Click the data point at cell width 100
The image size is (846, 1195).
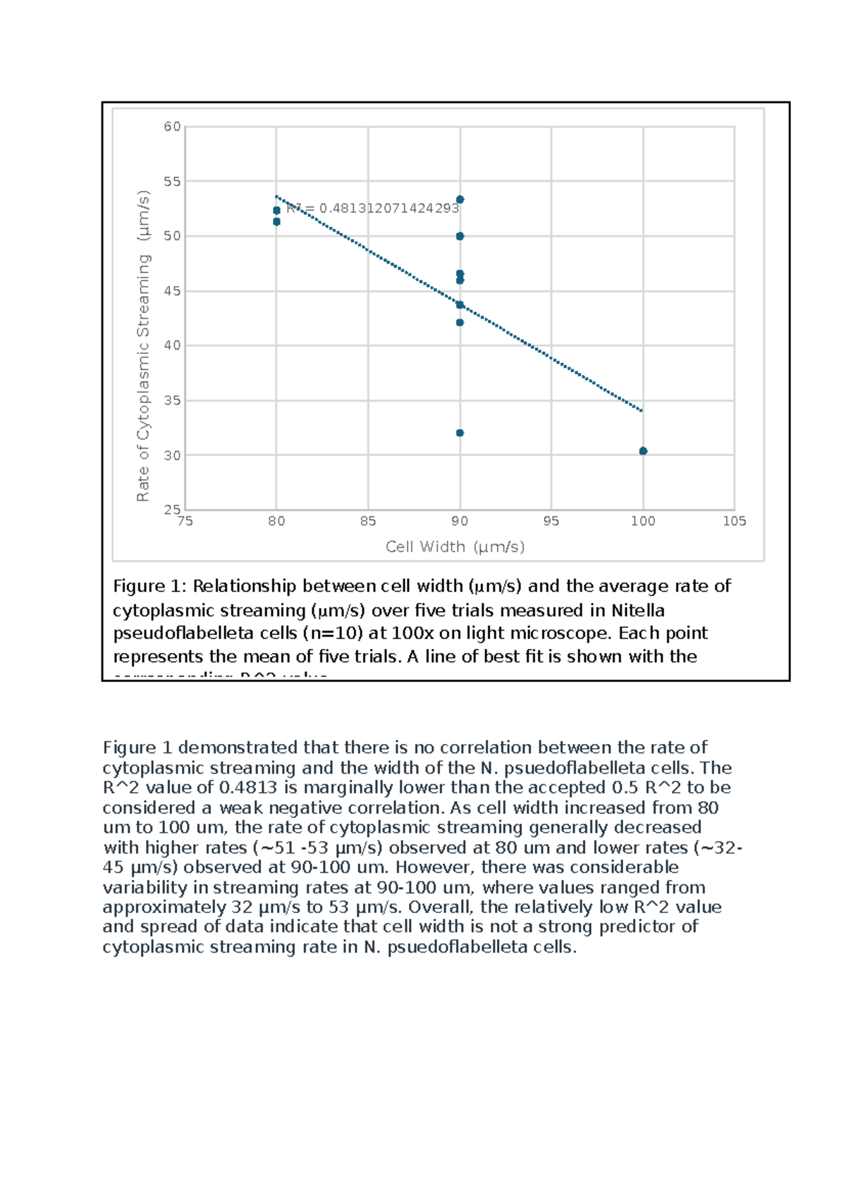click(x=643, y=451)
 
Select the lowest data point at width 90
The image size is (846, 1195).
click(x=460, y=433)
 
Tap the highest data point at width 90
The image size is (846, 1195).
click(x=460, y=199)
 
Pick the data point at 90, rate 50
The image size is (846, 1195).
click(x=460, y=236)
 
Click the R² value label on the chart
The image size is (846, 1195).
click(x=373, y=209)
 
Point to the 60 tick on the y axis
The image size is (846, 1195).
click(x=172, y=127)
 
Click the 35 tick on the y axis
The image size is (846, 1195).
click(x=172, y=400)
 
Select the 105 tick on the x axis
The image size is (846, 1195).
click(x=734, y=521)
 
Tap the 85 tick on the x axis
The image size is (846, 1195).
click(x=368, y=521)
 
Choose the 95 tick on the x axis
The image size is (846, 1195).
click(x=551, y=521)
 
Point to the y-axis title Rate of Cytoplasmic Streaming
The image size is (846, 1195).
click(x=143, y=345)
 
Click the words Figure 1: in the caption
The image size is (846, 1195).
click(x=149, y=586)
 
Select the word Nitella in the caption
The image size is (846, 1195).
click(x=637, y=610)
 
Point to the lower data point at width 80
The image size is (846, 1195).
click(x=276, y=221)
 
